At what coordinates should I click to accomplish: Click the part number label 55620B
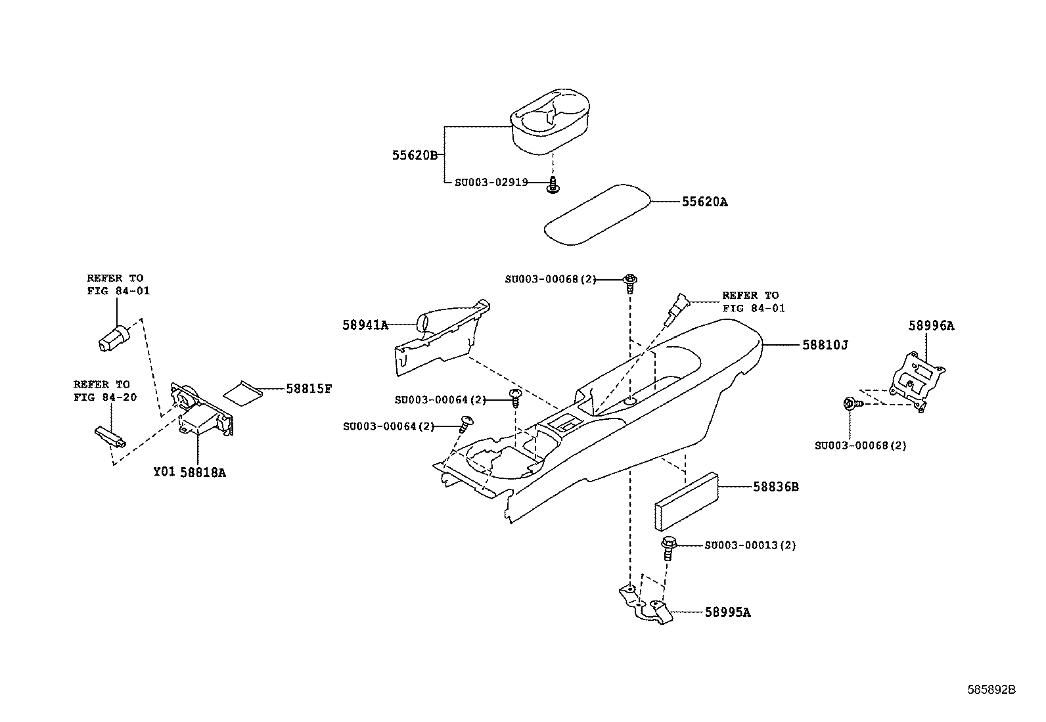(415, 155)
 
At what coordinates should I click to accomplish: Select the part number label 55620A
(704, 202)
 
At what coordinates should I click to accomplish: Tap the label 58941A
(365, 325)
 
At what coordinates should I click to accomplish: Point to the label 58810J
(825, 345)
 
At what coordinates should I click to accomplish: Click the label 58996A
(931, 325)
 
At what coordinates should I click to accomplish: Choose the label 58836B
(775, 487)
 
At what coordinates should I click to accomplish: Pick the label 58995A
(727, 612)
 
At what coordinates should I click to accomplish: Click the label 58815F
(309, 388)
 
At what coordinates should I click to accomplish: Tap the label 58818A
(202, 472)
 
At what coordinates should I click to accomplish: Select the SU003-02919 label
(491, 182)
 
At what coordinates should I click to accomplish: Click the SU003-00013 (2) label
(750, 545)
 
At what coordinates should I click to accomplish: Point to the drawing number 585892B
(991, 690)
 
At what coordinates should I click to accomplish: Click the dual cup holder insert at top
(550, 122)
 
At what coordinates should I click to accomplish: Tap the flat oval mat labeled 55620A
(597, 215)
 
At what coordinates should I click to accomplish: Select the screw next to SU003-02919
(553, 185)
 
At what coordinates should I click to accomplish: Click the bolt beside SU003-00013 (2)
(669, 549)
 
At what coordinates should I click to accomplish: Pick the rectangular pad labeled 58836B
(686, 501)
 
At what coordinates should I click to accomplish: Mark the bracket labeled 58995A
(646, 605)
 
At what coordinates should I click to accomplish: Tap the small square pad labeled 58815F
(242, 394)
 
